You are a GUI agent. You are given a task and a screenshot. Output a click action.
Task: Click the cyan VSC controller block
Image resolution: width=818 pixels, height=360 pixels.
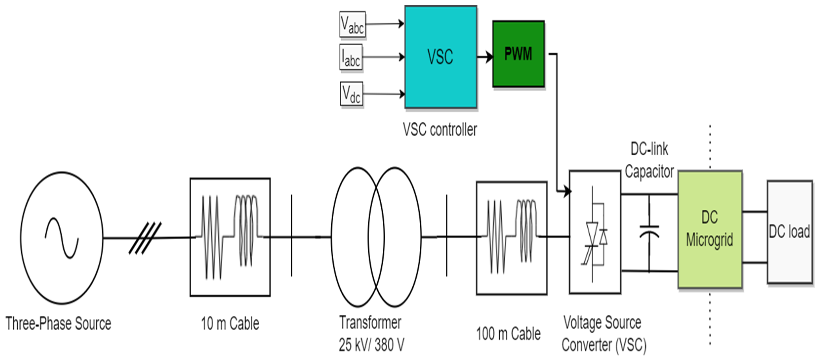(440, 57)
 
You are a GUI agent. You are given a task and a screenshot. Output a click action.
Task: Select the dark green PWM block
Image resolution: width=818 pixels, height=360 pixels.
(518, 54)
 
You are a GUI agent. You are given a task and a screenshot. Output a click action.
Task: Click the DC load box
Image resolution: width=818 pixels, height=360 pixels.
(789, 232)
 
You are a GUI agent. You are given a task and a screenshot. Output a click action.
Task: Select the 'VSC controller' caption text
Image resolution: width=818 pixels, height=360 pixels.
(440, 130)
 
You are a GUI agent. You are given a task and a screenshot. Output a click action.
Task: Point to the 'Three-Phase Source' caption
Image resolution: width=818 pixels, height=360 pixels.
(59, 324)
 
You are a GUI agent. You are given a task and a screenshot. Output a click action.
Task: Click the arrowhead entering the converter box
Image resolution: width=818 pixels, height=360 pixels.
(567, 192)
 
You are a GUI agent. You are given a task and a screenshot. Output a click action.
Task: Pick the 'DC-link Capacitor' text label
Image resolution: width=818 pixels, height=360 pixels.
(649, 160)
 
